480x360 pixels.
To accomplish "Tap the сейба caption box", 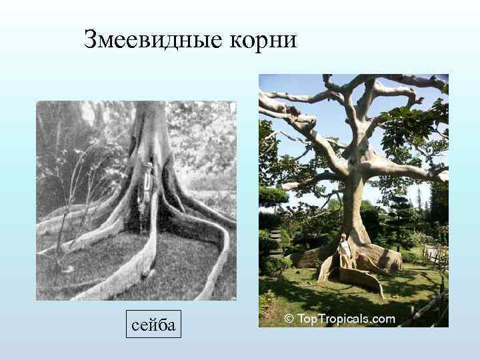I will pos(154,325).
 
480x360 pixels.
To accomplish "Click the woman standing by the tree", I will pos(344,252).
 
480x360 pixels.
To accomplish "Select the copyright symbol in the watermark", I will pos(289,319).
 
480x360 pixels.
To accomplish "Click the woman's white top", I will pos(344,247).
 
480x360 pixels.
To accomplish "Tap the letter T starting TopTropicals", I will pos(301,319).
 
